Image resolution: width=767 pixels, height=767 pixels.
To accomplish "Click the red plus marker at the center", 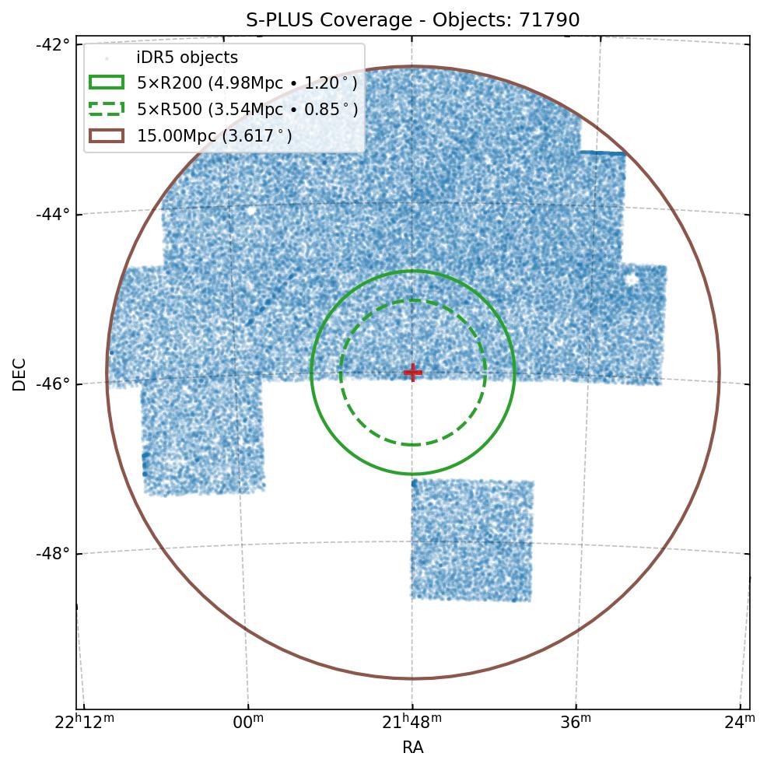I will pos(413,372).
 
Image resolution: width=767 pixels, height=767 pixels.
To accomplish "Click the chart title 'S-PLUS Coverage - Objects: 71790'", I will pos(413,20).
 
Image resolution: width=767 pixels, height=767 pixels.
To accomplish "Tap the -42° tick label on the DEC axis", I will pos(53,44).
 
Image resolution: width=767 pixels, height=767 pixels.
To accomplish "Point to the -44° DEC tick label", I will pos(53,213).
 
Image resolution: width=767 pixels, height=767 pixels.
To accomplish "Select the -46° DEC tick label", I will pos(53,383).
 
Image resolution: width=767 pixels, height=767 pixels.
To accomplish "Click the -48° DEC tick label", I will pos(53,553).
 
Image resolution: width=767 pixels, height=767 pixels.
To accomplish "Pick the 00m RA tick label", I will pos(248,723).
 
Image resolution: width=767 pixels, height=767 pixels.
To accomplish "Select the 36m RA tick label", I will pos(576,723).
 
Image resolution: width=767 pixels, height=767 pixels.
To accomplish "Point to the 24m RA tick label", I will pos(740,723).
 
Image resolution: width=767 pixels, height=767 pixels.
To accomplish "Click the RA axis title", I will pos(413,748).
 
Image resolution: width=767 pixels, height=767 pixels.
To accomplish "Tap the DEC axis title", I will pos(19,374).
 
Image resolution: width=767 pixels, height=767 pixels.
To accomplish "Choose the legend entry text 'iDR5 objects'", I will pos(187,58).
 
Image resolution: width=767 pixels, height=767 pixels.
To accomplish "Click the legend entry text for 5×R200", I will pos(247,83).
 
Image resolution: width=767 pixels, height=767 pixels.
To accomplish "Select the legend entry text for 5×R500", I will pos(247,110).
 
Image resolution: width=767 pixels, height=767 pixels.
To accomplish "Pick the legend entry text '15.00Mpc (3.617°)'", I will pos(215,136).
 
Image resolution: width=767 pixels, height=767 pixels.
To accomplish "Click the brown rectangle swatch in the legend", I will pos(107,135).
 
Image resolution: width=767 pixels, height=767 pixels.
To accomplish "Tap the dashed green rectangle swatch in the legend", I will pos(107,109).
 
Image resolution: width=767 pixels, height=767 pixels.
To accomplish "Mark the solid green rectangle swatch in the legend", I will pos(107,82).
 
